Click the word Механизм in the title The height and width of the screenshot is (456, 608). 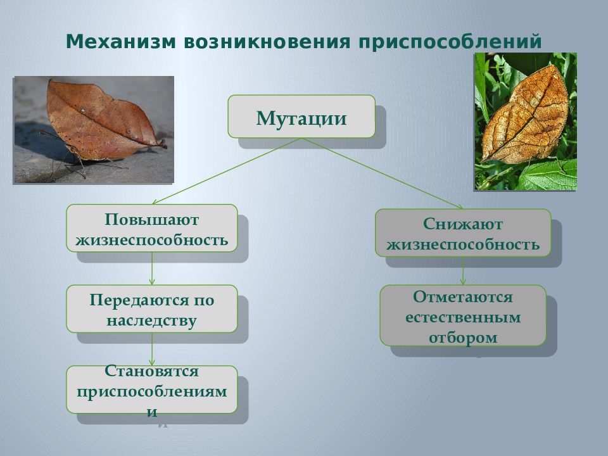coord(121,42)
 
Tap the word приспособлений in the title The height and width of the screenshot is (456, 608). coord(450,42)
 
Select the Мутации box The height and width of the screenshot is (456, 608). coord(301,117)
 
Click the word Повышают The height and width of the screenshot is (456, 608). coord(151,220)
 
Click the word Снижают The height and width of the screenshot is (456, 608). coord(463,224)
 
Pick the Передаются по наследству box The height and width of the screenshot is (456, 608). coord(151,308)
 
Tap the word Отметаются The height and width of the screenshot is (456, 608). coord(463,297)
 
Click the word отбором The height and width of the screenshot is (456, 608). coord(463,338)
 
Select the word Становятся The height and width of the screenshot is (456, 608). coord(151,371)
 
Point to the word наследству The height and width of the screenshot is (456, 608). coord(151,320)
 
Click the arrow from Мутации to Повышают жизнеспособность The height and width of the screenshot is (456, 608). coord(227,171)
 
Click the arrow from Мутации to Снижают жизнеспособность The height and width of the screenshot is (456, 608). coord(382,174)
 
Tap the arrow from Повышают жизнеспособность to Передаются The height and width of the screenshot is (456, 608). coord(151,269)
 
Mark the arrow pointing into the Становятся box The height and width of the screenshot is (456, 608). coord(151,349)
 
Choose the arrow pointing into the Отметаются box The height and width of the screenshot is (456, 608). coord(463,270)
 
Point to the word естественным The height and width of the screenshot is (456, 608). coord(463,317)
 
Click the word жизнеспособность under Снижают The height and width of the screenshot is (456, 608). coord(463,244)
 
